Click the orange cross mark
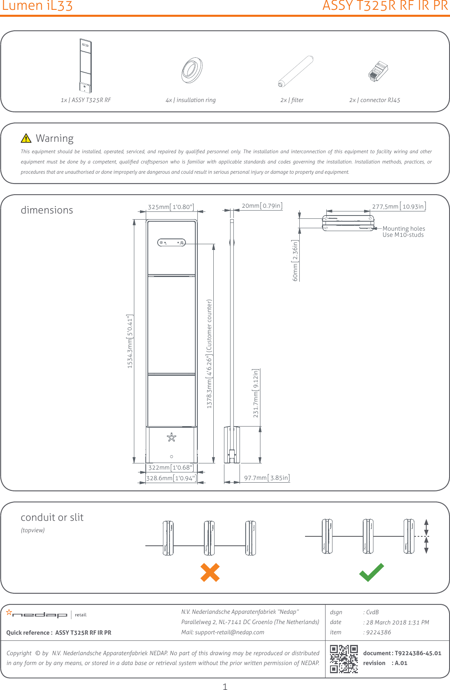(x=210, y=572)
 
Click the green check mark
(x=371, y=572)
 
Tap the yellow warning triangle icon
(x=26, y=138)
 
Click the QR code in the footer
(x=344, y=659)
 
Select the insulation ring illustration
(x=192, y=70)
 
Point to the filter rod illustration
(x=296, y=72)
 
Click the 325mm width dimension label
(x=171, y=207)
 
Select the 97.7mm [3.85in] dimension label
(x=267, y=478)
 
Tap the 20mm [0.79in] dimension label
(x=262, y=206)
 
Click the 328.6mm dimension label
(x=171, y=478)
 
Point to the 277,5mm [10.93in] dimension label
(x=398, y=207)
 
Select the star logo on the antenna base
(x=172, y=438)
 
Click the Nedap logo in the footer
(x=37, y=614)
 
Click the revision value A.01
(x=401, y=663)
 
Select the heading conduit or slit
(x=52, y=517)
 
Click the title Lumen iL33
(x=37, y=6)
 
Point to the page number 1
(x=225, y=686)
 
